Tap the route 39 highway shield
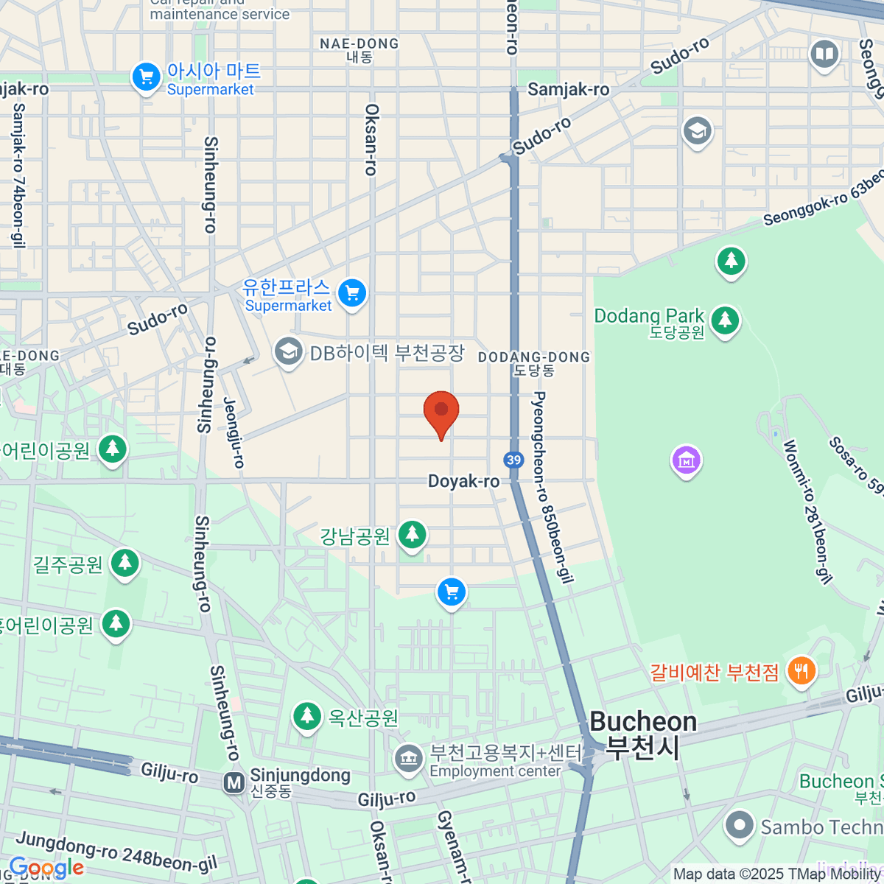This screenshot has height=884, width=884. pos(513,460)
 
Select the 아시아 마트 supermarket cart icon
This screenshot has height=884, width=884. pos(146,77)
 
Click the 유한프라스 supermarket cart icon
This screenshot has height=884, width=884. pos(352,293)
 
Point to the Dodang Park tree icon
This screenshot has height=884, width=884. pos(726,320)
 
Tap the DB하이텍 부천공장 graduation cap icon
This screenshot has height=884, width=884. pos(289,351)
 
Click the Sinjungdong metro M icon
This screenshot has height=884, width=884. pos(234,782)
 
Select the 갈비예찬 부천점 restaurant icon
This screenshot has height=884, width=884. pos(801,671)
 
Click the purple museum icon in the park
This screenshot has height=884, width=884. pos(686,460)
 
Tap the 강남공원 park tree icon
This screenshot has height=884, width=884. pos(413,534)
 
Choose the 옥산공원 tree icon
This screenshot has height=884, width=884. pos(307,716)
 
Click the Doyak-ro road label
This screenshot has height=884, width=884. pos(463,481)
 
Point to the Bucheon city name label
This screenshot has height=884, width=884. pos(643,734)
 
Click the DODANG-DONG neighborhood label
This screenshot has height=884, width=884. pos(534,357)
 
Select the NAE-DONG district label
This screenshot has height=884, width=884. pos(359,44)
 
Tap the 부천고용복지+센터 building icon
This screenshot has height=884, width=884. pos(407,759)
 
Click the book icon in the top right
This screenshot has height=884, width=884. pos(824,54)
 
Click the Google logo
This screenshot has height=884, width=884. pos(46,868)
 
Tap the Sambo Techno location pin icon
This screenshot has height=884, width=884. pos(739,826)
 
